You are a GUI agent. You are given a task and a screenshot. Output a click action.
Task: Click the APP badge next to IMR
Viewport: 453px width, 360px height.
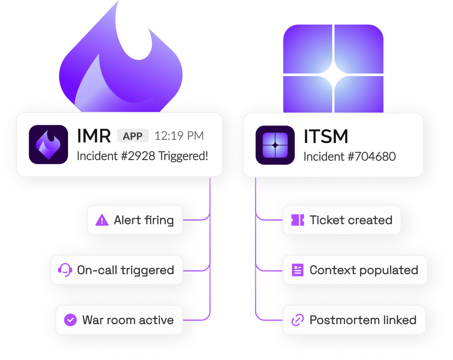[133, 136]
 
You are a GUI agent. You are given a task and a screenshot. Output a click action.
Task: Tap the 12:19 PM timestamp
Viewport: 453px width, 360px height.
[179, 136]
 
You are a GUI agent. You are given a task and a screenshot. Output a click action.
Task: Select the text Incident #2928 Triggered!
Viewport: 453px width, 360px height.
[143, 156]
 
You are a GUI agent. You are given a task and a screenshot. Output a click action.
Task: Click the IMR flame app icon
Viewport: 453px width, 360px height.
[48, 145]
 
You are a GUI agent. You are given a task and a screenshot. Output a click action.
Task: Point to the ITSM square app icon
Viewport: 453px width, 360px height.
[275, 145]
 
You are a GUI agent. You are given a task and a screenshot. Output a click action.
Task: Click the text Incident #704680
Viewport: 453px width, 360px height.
[350, 156]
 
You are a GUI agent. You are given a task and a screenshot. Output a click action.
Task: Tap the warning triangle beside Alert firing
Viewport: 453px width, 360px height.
[102, 220]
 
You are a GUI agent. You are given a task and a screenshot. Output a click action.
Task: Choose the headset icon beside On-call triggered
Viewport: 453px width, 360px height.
[65, 270]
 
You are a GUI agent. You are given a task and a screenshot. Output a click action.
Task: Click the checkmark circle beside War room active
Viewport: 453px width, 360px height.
[70, 320]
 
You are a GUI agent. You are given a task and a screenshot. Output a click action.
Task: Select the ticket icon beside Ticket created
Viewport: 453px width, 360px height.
[298, 220]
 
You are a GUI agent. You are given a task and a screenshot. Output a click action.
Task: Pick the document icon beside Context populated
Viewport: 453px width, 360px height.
[298, 270]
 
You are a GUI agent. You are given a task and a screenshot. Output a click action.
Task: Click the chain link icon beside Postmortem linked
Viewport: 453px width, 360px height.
[298, 320]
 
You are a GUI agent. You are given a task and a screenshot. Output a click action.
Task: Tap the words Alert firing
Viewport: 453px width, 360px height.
[144, 220]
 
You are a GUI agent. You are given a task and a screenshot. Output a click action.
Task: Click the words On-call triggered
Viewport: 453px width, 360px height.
[125, 270]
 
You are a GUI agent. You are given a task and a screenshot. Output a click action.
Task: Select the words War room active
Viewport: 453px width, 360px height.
[128, 320]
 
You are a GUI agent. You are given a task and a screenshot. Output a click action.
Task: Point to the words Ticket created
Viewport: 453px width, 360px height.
[351, 220]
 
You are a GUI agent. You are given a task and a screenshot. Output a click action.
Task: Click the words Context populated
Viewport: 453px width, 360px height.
[364, 270]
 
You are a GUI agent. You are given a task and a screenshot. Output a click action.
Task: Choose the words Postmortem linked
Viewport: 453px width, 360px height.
[363, 320]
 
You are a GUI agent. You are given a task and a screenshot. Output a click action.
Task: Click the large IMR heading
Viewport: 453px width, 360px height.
[94, 136]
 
